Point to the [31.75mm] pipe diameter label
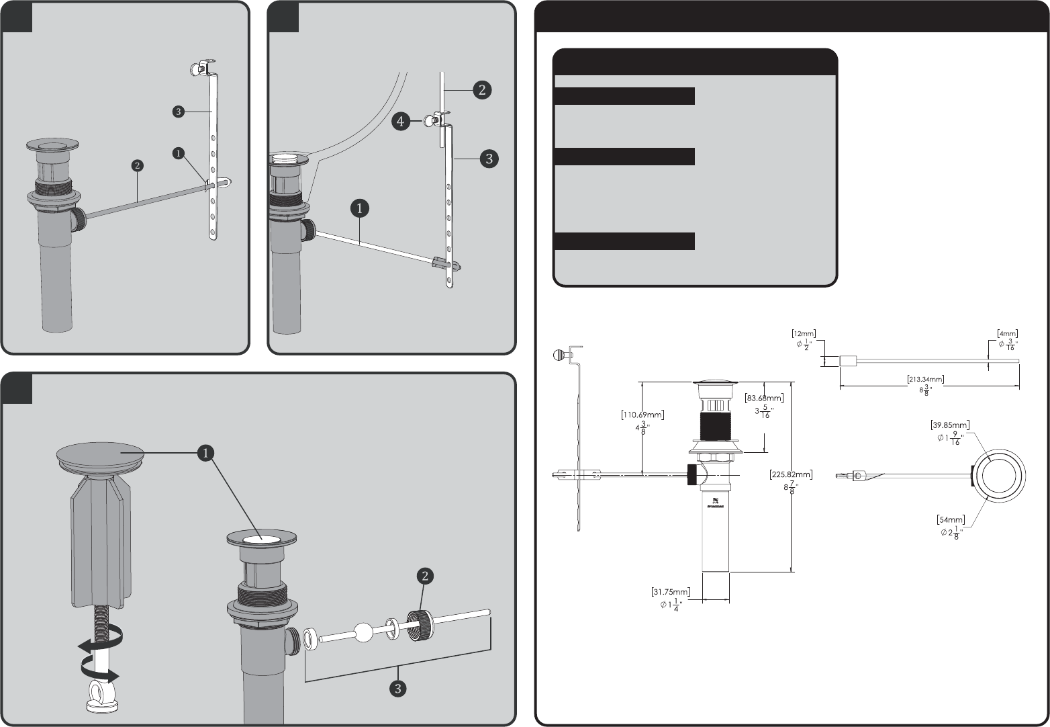(x=671, y=592)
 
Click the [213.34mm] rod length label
(x=926, y=380)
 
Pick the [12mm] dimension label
(x=804, y=333)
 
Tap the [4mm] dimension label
(x=1008, y=333)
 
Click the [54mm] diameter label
(x=951, y=519)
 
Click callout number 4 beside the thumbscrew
(x=400, y=122)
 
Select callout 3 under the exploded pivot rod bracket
(x=398, y=688)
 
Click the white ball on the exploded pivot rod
(x=363, y=633)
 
